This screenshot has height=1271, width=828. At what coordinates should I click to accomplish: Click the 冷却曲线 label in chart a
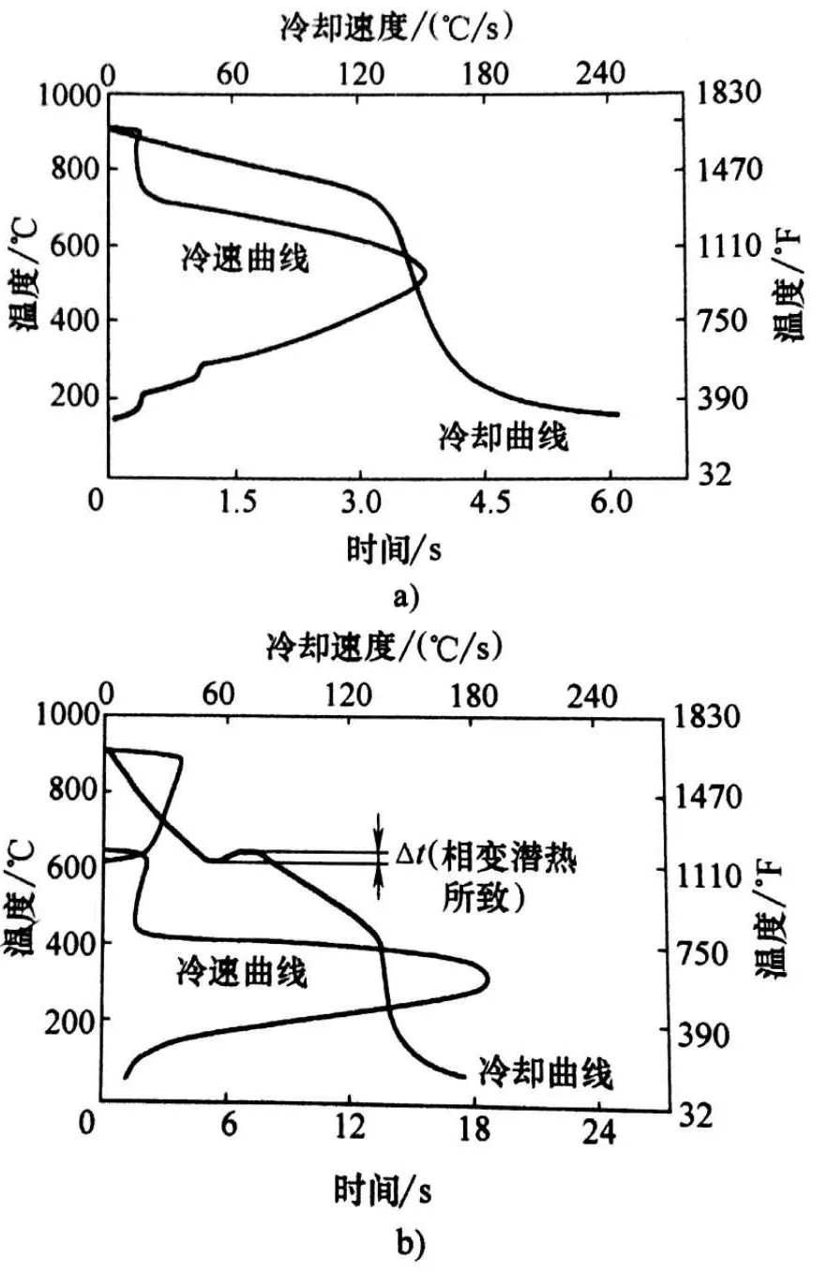click(x=504, y=435)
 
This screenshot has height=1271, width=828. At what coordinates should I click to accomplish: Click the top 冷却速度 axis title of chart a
click(x=394, y=29)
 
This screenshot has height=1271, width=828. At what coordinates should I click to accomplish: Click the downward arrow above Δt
click(x=379, y=824)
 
